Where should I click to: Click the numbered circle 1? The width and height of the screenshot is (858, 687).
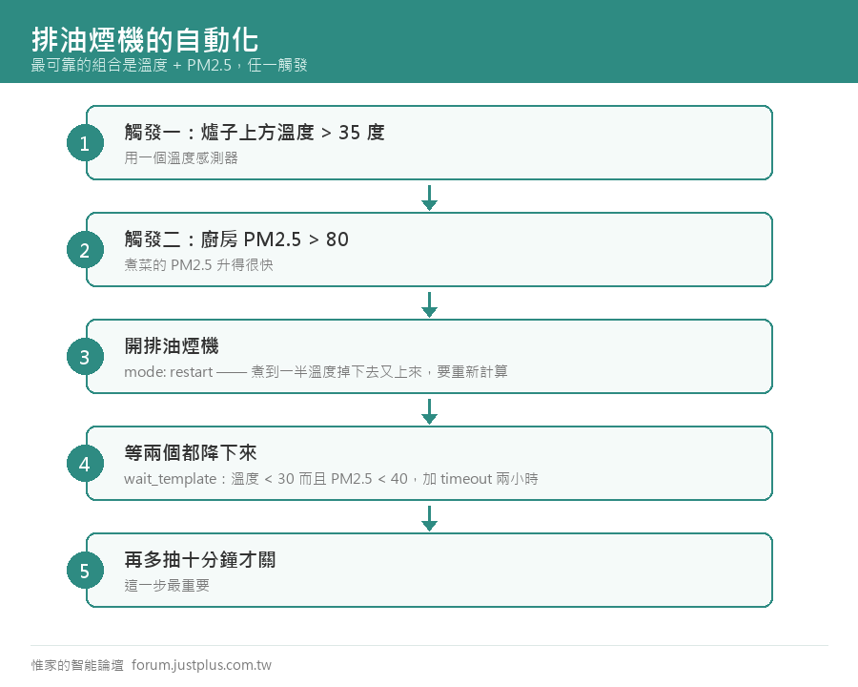pos(86,143)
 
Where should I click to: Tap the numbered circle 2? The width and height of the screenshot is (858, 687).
pos(86,250)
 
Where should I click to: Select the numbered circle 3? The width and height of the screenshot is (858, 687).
pos(86,357)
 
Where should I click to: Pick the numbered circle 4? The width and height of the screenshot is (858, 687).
pos(86,464)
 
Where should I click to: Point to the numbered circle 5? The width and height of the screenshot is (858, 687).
pos(86,571)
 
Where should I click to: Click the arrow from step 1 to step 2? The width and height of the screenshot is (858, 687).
pos(430,198)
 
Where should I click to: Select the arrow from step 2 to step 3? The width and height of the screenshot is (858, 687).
pos(430,304)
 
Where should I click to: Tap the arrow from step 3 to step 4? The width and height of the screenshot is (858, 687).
pos(430,411)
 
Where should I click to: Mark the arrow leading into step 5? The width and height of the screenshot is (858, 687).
pos(430,518)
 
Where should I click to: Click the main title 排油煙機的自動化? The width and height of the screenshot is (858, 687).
pos(145,40)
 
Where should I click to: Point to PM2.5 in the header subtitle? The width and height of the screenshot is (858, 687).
pos(209,65)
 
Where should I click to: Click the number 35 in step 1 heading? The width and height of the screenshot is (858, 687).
pos(349,133)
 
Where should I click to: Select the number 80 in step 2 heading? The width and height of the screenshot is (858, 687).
pos(337,239)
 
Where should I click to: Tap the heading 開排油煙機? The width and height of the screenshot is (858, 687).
pos(172,345)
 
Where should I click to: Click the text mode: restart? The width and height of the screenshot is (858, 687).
pos(168,372)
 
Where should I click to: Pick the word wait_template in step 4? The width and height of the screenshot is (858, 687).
pos(171,479)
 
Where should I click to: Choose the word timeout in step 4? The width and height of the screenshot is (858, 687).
pos(466,479)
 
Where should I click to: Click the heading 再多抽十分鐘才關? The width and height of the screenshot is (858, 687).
pos(200,559)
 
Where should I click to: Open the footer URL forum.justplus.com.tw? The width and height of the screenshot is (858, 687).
pos(201,665)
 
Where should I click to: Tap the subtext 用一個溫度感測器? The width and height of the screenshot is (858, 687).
pos(181,157)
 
